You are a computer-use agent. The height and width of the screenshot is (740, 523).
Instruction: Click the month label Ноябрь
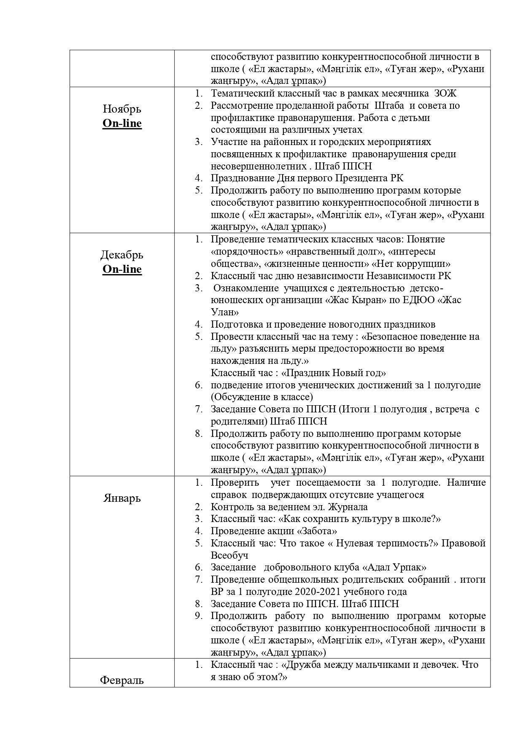[122, 109]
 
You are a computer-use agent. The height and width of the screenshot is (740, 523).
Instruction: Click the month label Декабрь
[122, 255]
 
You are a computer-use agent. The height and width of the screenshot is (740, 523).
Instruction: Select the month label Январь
[122, 498]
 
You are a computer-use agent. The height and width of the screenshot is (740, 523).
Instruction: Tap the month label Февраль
[122, 680]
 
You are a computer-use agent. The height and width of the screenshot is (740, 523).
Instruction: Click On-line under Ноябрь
[122, 124]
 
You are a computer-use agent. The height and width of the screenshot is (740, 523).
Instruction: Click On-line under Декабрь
[122, 269]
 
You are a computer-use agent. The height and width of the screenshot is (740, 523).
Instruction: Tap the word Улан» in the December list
[225, 312]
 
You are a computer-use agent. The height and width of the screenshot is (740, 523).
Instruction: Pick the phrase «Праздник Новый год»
[334, 373]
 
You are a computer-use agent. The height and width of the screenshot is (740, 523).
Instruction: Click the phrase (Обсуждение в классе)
[262, 397]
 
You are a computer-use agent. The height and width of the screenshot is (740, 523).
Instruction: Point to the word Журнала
[348, 507]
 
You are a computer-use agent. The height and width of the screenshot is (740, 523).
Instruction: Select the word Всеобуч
[229, 555]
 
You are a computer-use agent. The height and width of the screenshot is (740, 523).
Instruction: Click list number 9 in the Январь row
[199, 616]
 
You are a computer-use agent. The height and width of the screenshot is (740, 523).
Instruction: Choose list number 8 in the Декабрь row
[199, 433]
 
